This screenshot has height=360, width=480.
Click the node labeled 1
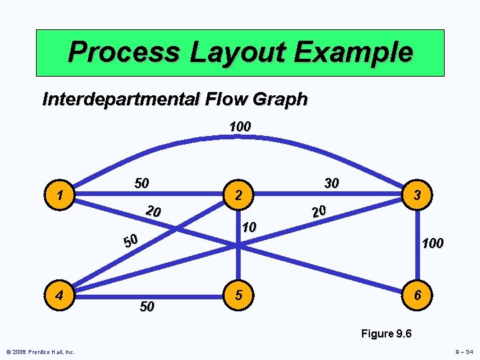click(x=61, y=196)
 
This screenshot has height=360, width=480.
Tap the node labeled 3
click(x=417, y=196)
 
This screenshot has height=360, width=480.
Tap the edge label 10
click(x=249, y=227)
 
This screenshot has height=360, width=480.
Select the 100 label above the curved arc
click(x=239, y=126)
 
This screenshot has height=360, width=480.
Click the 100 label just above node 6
click(x=432, y=243)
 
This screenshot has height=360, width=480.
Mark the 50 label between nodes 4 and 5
click(x=147, y=307)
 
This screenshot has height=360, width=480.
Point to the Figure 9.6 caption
click(x=386, y=333)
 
